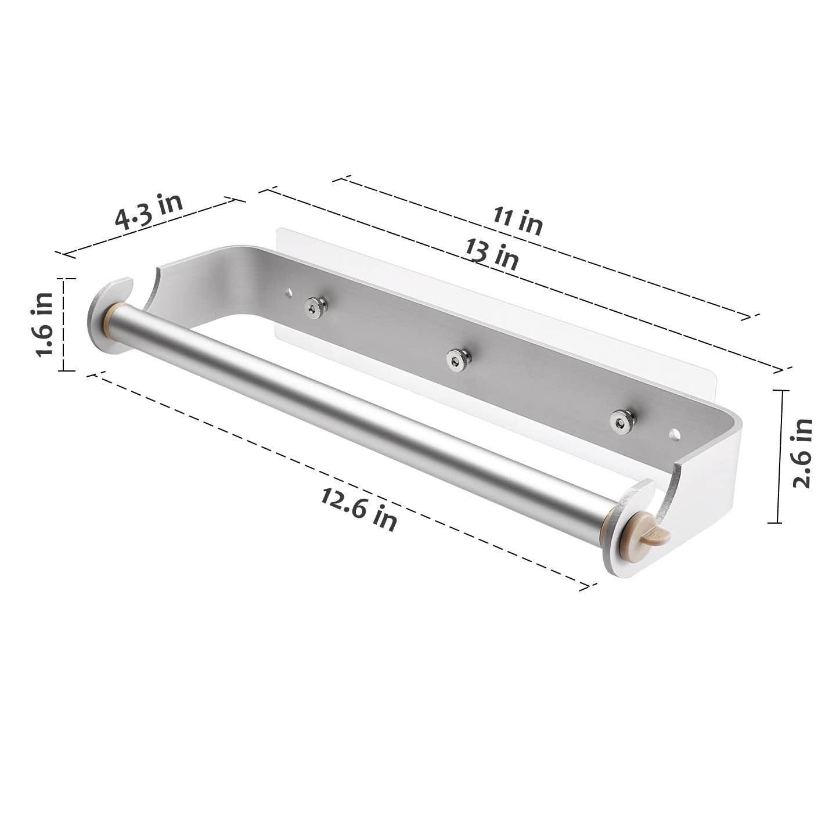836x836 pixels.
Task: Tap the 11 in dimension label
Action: [x=517, y=221]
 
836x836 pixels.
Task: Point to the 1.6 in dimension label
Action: [x=45, y=323]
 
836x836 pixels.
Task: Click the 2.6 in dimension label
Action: [x=802, y=453]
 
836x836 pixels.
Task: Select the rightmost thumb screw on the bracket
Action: [x=622, y=421]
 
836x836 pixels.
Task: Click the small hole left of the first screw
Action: [x=288, y=293]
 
